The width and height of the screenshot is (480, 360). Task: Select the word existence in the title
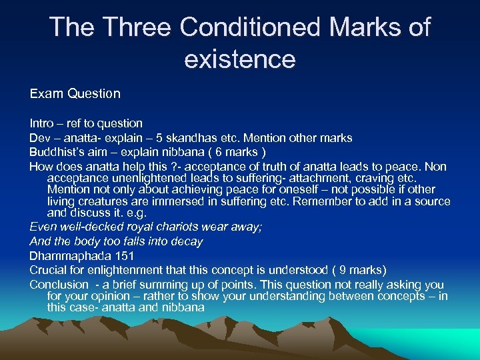(239, 59)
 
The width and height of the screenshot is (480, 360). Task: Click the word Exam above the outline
(45, 94)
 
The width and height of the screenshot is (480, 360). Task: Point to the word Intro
(41, 123)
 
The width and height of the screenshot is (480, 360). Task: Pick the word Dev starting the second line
(39, 138)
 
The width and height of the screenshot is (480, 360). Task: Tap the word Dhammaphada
(67, 255)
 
